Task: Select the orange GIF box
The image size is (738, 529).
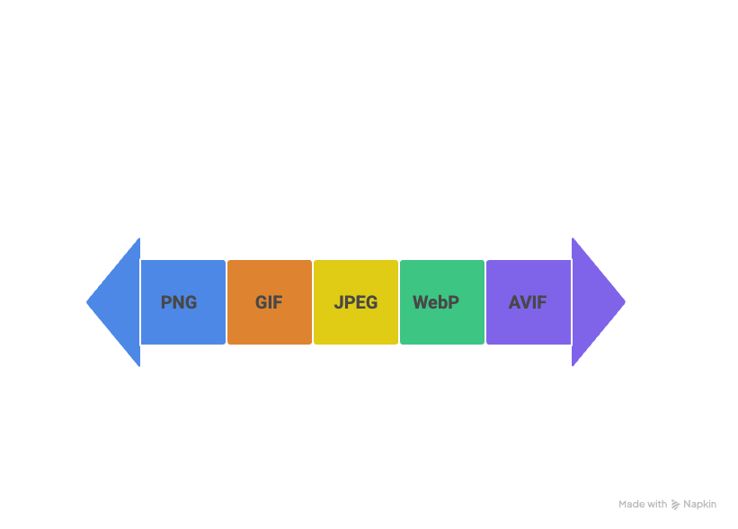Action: pos(269,302)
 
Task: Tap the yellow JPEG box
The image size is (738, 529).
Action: pos(355,302)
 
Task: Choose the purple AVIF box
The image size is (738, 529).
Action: pos(528,302)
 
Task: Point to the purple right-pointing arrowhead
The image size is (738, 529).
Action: pos(597,302)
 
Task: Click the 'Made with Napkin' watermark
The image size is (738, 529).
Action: pos(667,505)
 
